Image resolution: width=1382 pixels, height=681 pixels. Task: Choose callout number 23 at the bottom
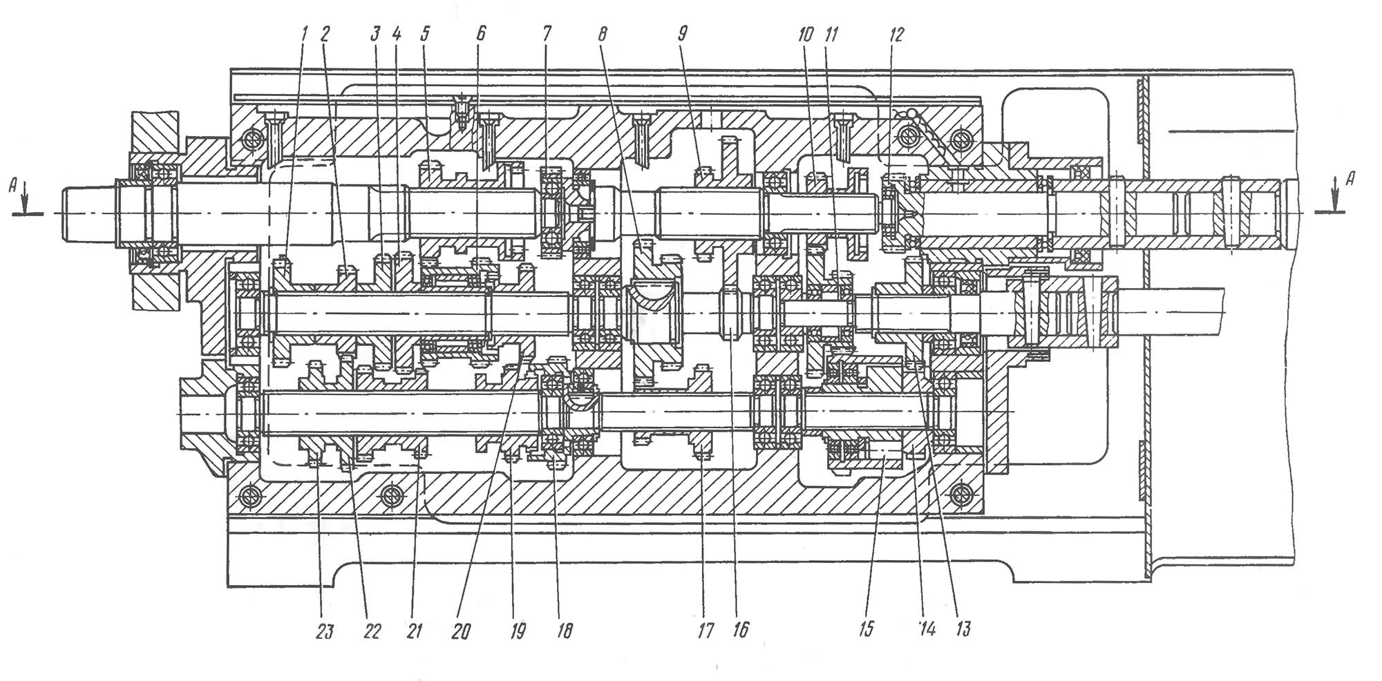324,631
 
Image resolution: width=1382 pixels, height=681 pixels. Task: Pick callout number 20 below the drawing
460,631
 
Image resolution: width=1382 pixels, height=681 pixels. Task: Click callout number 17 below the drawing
705,631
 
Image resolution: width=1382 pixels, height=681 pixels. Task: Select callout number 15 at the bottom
866,629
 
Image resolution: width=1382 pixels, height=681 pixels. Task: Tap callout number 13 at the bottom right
963,629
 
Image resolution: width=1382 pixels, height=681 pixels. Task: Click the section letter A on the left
12,184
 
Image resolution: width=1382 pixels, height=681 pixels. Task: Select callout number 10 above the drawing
806,35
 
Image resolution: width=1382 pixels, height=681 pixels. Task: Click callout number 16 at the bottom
741,631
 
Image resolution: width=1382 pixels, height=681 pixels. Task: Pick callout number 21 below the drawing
414,631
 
